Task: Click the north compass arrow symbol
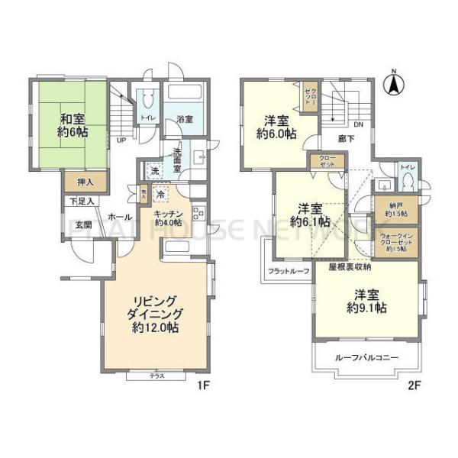coord(393,85)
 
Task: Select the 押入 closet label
coord(86,182)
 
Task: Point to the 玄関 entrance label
coord(83,224)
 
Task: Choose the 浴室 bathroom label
coord(184,120)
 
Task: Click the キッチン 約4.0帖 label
coord(168,218)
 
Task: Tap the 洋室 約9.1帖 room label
coord(369,302)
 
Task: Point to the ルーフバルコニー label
coord(368,356)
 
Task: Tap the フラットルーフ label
coord(287,271)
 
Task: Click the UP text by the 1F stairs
coord(121,140)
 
